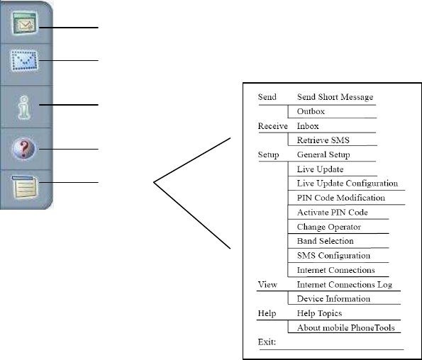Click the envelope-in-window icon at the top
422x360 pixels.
(x=25, y=23)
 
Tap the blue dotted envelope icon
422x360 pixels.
(x=24, y=60)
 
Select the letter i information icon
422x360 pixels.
(x=24, y=107)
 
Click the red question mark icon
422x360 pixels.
(x=23, y=149)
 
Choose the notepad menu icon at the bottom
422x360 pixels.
(x=24, y=187)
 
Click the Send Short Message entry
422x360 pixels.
(x=335, y=97)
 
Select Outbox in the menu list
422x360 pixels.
(x=311, y=111)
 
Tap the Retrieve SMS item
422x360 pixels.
(x=323, y=140)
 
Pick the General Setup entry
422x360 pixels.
(x=323, y=154)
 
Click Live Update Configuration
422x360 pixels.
(x=348, y=184)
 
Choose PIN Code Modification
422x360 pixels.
(x=341, y=198)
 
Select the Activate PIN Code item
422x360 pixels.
(x=332, y=213)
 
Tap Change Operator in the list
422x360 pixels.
(x=328, y=227)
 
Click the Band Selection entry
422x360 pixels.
(x=325, y=241)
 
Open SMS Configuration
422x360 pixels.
(x=333, y=255)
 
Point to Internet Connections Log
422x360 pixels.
(x=345, y=284)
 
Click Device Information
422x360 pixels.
(x=333, y=298)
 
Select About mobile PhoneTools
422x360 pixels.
(x=346, y=327)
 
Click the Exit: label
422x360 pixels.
(x=267, y=342)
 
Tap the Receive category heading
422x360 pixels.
(x=272, y=126)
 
